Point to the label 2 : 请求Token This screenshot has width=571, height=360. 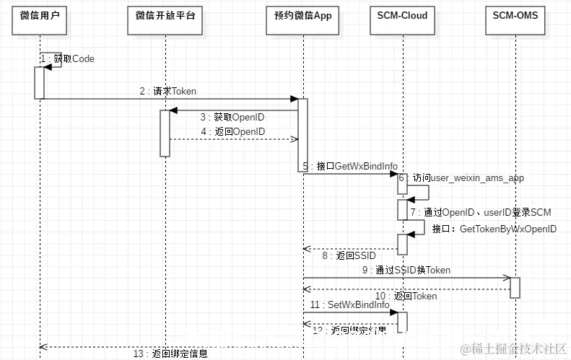(167, 92)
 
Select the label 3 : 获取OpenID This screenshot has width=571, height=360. (232, 117)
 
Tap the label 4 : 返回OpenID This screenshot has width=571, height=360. (232, 131)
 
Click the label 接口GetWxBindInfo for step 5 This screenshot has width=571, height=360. (350, 166)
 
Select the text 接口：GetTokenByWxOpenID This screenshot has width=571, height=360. (494, 229)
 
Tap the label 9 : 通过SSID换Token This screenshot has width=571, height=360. (406, 271)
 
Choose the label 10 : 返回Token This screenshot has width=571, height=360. (406, 296)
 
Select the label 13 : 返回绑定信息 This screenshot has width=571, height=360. (171, 353)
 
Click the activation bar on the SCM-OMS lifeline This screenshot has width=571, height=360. (515, 286)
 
